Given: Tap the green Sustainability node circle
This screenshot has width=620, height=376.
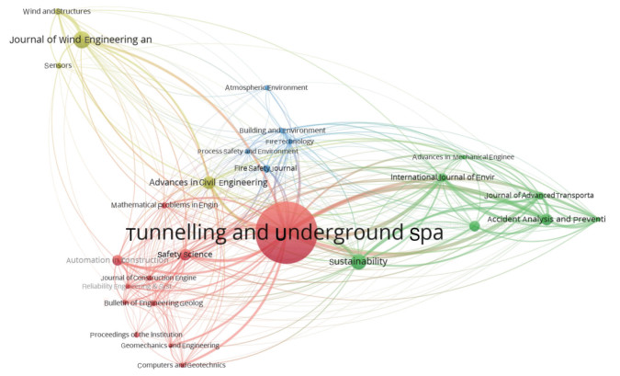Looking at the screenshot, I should [358, 262].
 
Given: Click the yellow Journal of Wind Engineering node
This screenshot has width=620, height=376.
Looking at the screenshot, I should [81, 40].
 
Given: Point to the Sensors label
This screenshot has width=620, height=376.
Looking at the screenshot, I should [58, 65].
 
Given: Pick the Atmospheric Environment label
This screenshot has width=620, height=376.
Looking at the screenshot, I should [266, 88].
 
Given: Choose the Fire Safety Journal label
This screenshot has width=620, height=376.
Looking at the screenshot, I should [265, 168].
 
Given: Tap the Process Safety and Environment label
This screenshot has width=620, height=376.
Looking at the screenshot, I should [247, 151].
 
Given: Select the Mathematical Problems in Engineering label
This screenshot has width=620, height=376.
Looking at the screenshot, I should [164, 205].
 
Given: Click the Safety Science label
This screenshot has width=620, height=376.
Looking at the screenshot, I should [185, 254].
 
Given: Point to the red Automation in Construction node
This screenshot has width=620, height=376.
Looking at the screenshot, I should [118, 260].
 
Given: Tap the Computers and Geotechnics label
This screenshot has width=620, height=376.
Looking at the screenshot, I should [181, 365].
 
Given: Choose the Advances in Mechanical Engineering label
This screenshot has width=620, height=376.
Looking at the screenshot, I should [463, 157].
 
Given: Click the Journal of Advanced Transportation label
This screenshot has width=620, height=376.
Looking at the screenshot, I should [539, 195].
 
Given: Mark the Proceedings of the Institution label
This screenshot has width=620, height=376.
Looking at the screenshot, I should [137, 335].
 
